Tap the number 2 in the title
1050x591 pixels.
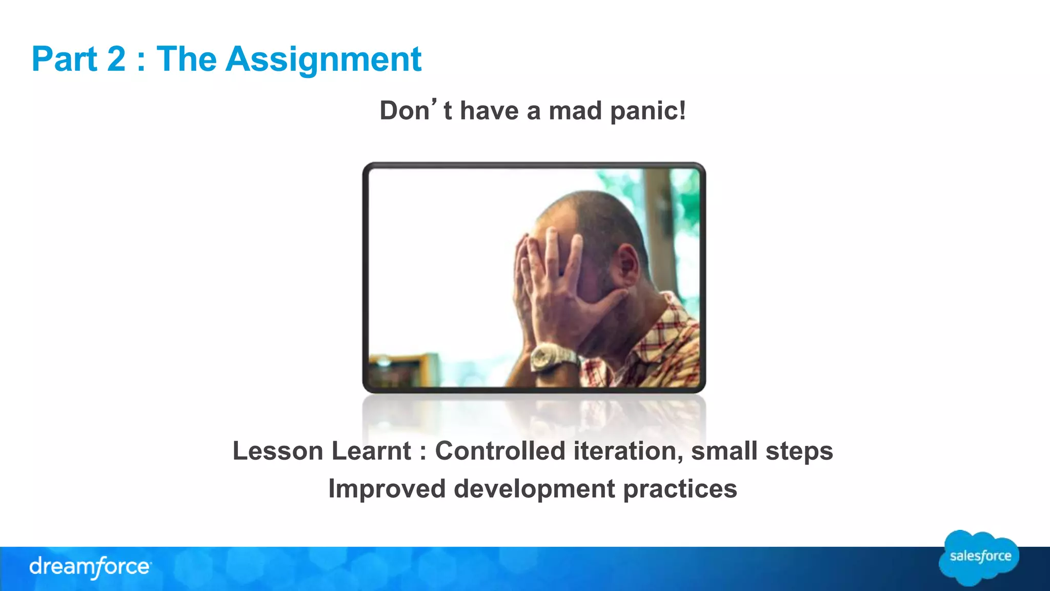[116, 60]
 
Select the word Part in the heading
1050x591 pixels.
[64, 60]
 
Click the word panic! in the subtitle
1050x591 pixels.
[648, 111]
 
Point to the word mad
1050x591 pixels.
[575, 111]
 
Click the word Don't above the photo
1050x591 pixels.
[415, 110]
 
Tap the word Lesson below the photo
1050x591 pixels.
[278, 451]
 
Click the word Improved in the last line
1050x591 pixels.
[387, 489]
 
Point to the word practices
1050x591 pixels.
[680, 489]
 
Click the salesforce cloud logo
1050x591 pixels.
[979, 558]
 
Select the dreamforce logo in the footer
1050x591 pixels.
[90, 567]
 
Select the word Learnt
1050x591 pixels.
[371, 451]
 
